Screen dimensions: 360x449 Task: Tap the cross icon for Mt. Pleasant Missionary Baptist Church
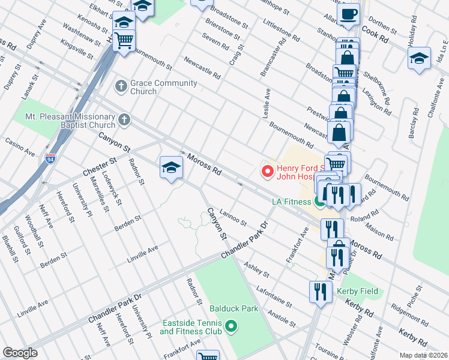[x=124, y=119]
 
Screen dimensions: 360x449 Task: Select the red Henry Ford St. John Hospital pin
[x=268, y=171]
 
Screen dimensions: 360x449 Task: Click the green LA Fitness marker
[x=320, y=203]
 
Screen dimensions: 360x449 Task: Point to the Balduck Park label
[x=234, y=309]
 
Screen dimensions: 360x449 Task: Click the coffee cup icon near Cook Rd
[x=348, y=14]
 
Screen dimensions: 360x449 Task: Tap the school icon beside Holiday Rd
[x=419, y=58]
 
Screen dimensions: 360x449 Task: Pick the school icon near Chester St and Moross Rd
[x=171, y=167]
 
